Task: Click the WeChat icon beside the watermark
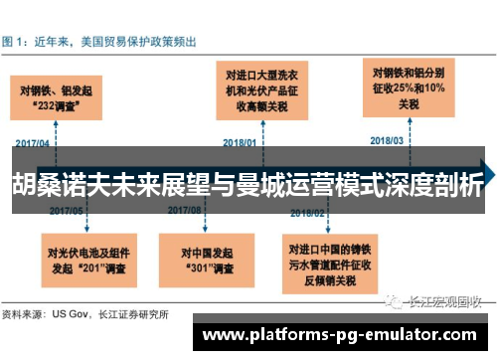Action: pyautogui.click(x=395, y=300)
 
